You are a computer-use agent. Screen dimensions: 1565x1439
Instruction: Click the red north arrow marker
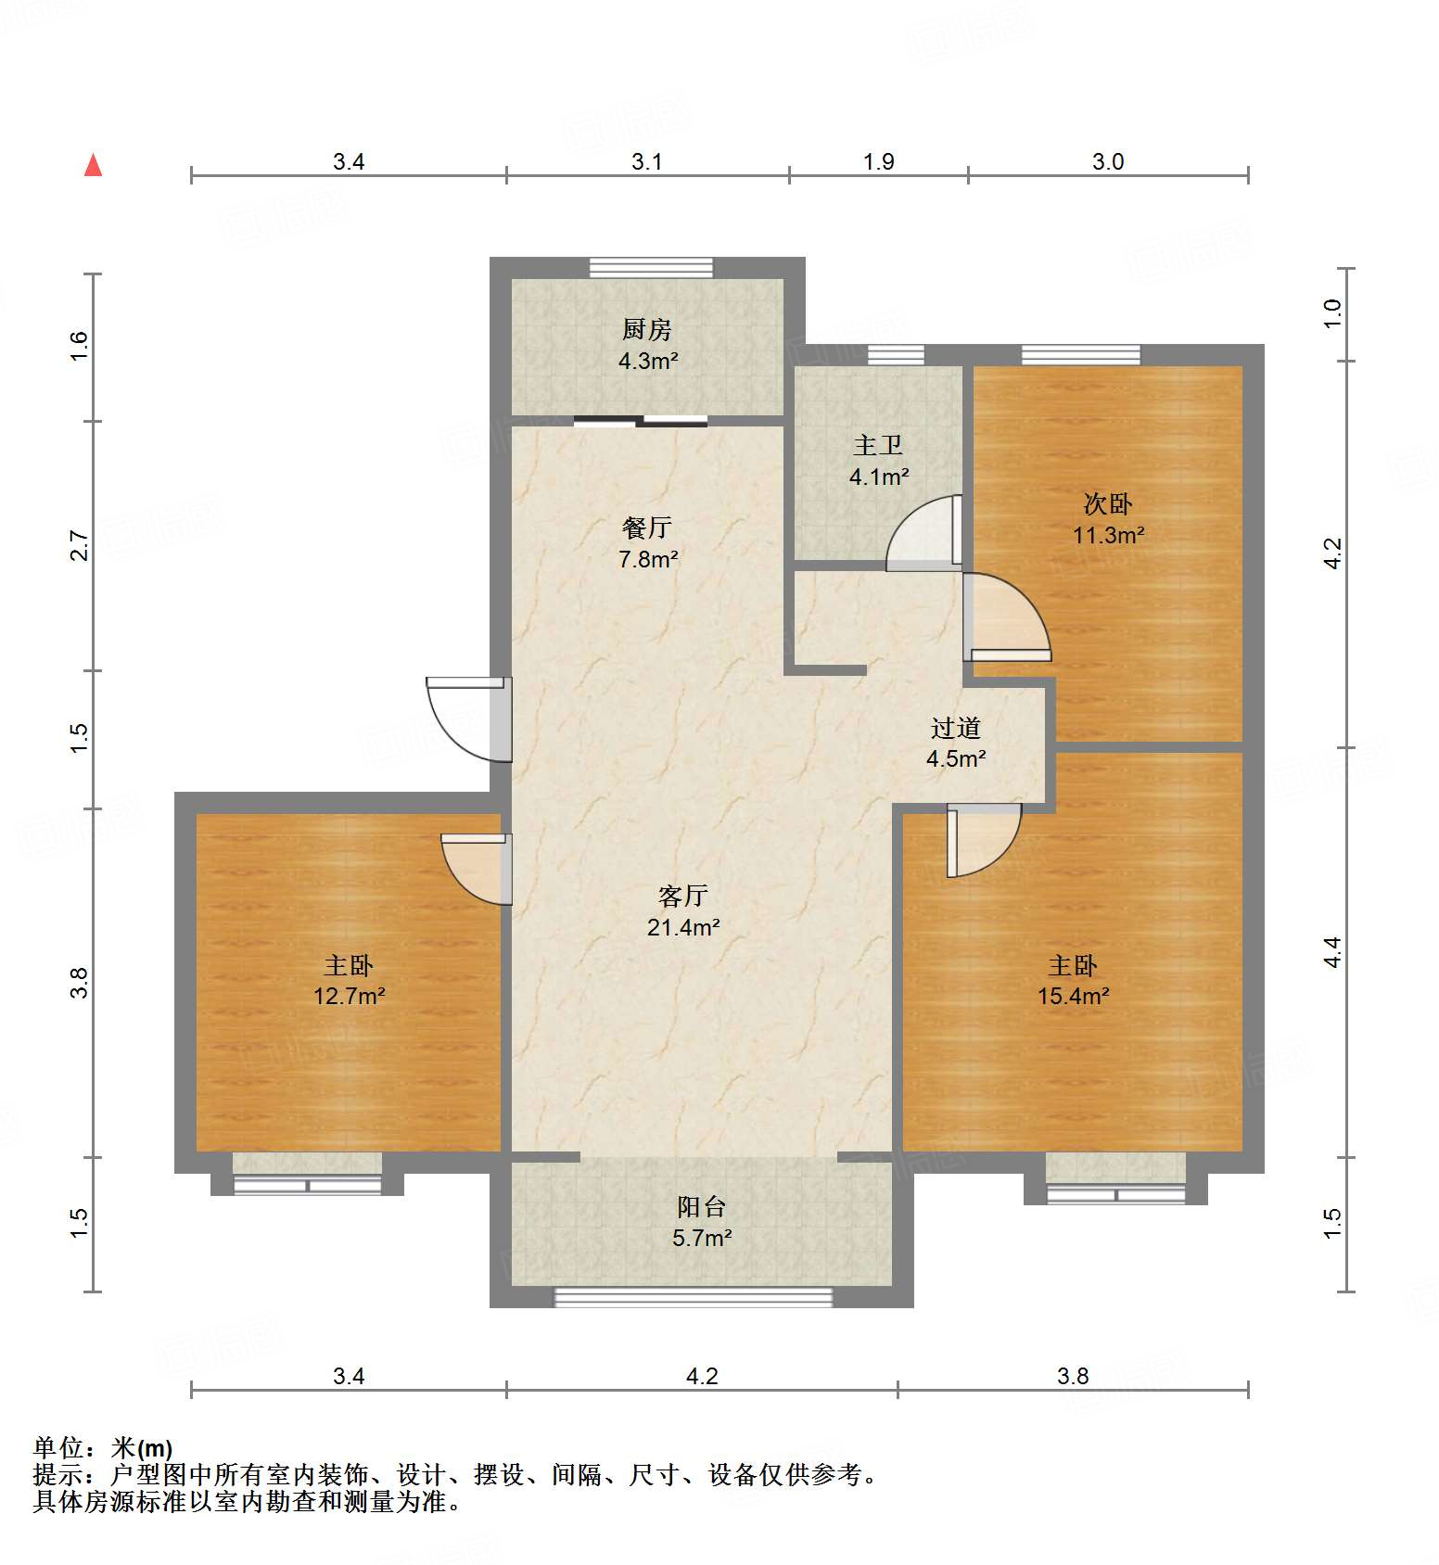point(93,165)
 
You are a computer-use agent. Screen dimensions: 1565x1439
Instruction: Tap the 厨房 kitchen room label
point(647,329)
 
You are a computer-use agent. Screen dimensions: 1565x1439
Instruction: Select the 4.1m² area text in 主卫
point(879,477)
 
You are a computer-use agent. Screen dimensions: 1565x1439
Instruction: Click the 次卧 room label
point(1108,504)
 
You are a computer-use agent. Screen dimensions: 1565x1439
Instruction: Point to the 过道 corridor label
point(956,728)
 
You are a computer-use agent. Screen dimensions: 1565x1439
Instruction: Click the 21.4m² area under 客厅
point(683,927)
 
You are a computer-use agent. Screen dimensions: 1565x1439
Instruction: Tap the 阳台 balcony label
point(701,1206)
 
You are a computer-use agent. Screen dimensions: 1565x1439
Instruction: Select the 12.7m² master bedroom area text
point(349,997)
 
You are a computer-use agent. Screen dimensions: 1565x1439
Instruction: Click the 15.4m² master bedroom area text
point(1074,997)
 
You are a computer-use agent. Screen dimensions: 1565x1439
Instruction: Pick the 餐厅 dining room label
point(647,528)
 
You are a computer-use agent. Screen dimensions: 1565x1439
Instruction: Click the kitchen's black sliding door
point(640,422)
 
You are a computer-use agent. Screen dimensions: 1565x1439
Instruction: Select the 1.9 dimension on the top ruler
point(878,162)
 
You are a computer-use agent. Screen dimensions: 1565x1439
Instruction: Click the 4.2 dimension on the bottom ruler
point(702,1376)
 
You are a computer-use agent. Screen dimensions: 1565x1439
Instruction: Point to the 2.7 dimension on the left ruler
point(80,545)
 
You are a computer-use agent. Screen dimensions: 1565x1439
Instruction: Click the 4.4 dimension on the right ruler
point(1332,952)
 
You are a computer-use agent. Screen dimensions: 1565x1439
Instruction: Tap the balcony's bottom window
point(693,1297)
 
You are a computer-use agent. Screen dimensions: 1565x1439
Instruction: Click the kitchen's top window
point(652,267)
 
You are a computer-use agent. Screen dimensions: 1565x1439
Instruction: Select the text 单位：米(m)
point(103,1448)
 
